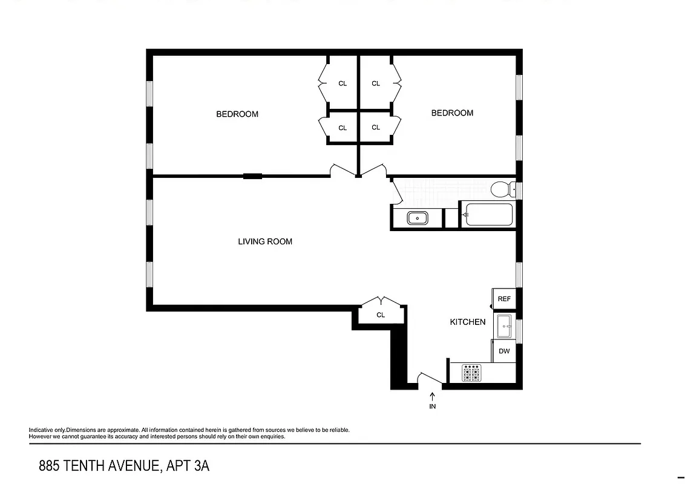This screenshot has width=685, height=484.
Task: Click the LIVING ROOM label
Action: point(265,241)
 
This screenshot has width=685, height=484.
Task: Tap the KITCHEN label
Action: point(467,322)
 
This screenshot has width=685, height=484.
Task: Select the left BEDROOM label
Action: point(237,114)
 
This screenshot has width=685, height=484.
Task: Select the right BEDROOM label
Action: point(452,113)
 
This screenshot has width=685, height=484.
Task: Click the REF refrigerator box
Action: point(503,299)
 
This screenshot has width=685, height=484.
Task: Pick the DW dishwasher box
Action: point(503,351)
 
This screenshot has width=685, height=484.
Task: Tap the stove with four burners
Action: point(471,372)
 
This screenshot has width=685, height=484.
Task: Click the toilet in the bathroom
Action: point(501,189)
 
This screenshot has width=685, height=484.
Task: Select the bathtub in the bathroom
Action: point(487,215)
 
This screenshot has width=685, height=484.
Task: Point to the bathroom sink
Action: point(417,217)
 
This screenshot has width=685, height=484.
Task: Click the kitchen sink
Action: point(503,327)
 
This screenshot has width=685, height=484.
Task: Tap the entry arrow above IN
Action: point(432,396)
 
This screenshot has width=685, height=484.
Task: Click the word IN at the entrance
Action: point(432,407)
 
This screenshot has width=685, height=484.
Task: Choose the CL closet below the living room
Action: point(381,315)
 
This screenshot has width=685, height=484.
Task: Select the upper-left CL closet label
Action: point(342,83)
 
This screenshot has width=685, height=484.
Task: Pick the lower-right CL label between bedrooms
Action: point(376,127)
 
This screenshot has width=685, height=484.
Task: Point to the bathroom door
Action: point(397,193)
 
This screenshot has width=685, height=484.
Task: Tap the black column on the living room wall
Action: point(252,176)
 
